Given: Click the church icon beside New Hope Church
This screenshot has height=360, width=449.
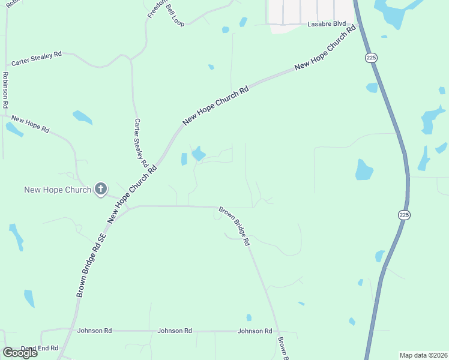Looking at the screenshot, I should pyautogui.click(x=100, y=190).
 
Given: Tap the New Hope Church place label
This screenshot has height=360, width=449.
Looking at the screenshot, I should pyautogui.click(x=58, y=190).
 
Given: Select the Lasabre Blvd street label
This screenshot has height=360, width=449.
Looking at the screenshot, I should pyautogui.click(x=327, y=24).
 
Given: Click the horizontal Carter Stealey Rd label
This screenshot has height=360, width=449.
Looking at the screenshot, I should pyautogui.click(x=37, y=55).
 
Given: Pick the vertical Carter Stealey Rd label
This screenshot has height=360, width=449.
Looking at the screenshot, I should pyautogui.click(x=141, y=143).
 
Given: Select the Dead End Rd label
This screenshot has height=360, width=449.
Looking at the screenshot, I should pyautogui.click(x=40, y=348).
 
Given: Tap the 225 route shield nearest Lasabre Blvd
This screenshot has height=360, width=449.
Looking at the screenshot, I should pyautogui.click(x=370, y=58).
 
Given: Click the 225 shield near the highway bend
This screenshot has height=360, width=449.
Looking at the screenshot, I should pyautogui.click(x=405, y=214).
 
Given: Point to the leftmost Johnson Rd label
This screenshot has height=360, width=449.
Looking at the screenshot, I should pyautogui.click(x=95, y=331).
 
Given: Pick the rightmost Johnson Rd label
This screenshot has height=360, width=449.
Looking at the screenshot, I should pyautogui.click(x=255, y=331).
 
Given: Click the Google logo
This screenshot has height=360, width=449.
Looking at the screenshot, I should pyautogui.click(x=20, y=353).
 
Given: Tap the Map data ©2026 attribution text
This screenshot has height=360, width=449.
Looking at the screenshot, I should pyautogui.click(x=423, y=355).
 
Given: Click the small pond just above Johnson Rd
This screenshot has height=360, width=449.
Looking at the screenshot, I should pyautogui.click(x=249, y=317).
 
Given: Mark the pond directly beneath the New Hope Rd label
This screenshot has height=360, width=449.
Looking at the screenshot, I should pyautogui.click(x=14, y=129).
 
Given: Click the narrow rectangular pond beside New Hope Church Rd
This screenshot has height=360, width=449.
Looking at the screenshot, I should pyautogui.click(x=184, y=159).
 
